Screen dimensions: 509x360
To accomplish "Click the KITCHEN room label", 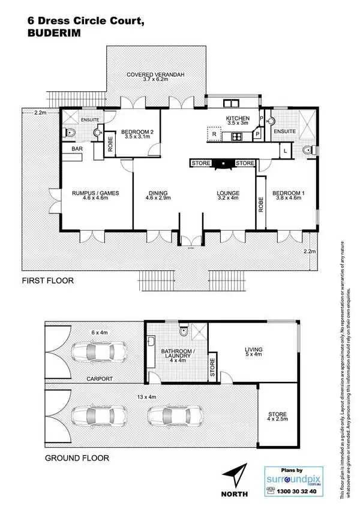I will [x=237, y=119].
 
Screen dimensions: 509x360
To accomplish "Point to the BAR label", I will [x=77, y=148].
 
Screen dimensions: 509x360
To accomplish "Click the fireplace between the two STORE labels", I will [x=223, y=163].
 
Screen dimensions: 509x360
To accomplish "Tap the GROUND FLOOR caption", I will [x=77, y=458].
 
